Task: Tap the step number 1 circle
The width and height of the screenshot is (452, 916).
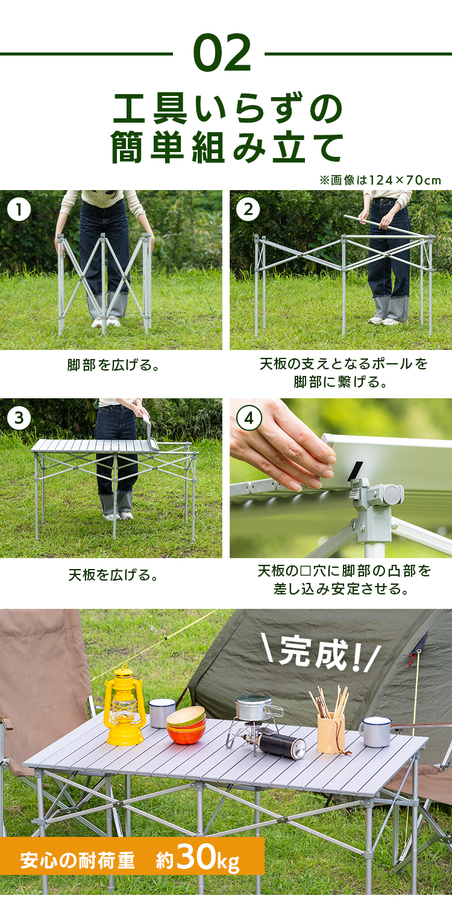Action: [x=19, y=209]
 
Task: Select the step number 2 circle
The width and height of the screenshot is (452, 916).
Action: [x=248, y=209]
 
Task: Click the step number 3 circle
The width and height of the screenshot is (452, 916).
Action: [x=19, y=418]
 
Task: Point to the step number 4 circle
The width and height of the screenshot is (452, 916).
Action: [x=248, y=418]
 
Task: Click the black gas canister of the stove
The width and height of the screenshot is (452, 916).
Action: [x=282, y=743]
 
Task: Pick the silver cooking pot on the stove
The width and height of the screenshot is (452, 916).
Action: [x=253, y=708]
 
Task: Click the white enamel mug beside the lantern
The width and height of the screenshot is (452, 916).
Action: [x=162, y=713]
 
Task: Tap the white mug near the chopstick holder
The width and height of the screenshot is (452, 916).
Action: [x=376, y=731]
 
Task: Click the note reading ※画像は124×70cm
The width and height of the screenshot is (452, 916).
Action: [x=380, y=180]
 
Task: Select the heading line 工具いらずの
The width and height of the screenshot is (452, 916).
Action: [x=227, y=109]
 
